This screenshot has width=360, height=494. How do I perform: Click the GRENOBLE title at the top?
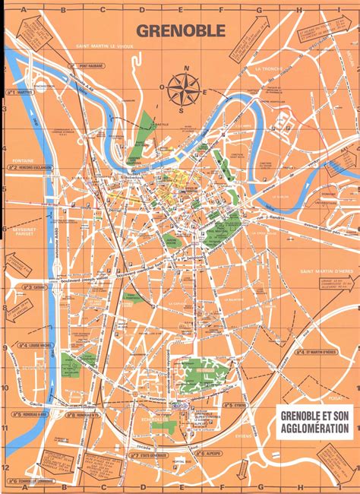180,30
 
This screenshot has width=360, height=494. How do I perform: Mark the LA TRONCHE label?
267,68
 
